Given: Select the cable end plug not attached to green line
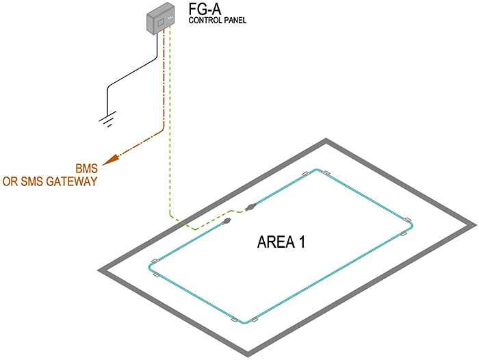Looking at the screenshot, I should [226, 222].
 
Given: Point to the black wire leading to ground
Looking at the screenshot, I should [137, 71].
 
